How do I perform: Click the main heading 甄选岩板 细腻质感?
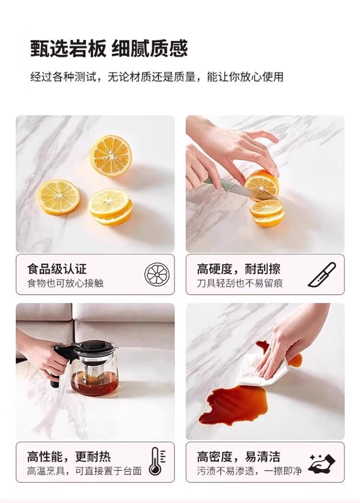click(109, 48)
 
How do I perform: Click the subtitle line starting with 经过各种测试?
click(157, 77)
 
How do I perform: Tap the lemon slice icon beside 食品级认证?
click(156, 274)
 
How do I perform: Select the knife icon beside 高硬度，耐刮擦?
click(322, 274)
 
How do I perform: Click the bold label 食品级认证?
click(57, 269)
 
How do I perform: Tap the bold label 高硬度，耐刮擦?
click(239, 269)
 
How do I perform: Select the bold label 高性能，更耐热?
click(69, 456)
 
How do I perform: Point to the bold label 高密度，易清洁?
click(239, 456)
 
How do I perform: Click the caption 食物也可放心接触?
click(65, 283)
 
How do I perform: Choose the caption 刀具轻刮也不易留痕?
click(240, 283)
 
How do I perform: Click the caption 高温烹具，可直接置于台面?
click(84, 471)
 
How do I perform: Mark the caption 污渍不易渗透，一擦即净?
click(249, 471)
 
